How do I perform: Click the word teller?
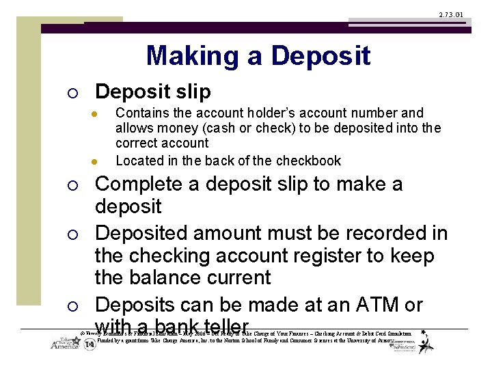click(x=222, y=327)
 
